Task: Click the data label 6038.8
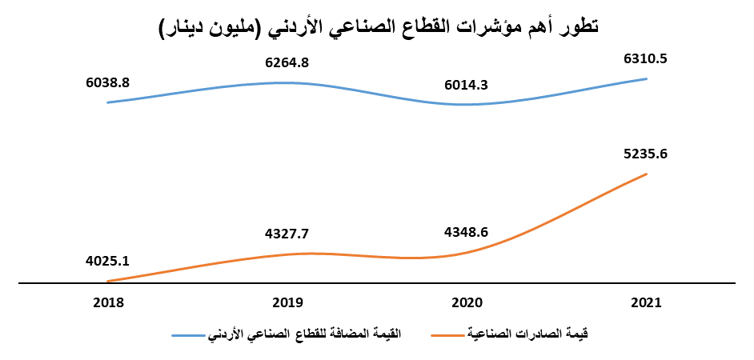coord(107,82)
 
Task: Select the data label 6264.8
coord(291,61)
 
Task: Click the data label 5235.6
coord(645,154)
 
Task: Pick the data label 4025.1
coord(107,261)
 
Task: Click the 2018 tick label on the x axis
coord(107,303)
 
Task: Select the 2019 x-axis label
coord(287,303)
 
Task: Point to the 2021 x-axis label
coord(645,303)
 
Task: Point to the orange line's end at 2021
coord(646,174)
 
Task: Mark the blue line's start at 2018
coord(107,102)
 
